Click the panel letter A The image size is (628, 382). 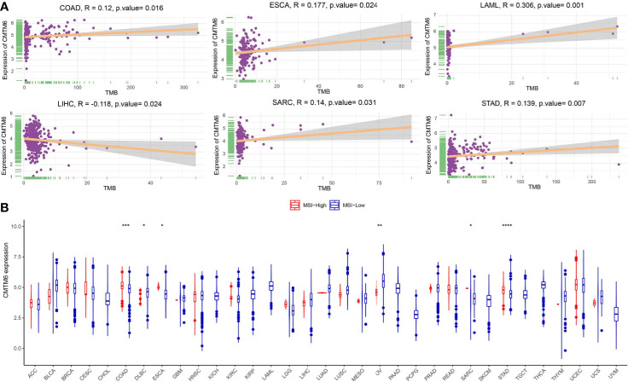coord(5,6)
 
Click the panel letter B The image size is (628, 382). coord(5,206)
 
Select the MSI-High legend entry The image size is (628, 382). coord(300,205)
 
